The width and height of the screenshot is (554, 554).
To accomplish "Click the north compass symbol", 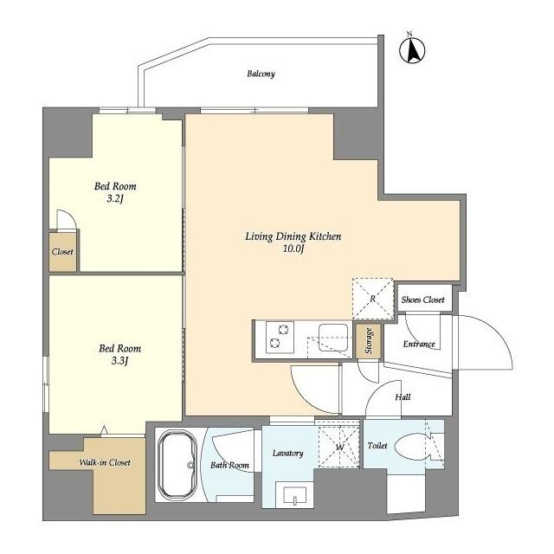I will click(x=413, y=50).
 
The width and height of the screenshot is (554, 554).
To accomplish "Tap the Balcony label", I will click(x=261, y=74).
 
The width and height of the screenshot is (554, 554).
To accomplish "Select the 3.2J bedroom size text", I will click(x=115, y=202).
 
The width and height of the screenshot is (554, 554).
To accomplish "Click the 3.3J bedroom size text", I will click(x=119, y=363).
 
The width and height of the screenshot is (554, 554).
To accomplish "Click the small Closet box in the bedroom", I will click(x=62, y=253).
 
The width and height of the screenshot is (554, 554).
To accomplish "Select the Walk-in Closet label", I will click(x=105, y=462).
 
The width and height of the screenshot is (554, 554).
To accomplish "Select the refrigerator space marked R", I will click(x=371, y=299).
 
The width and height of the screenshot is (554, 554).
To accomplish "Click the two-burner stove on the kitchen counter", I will click(x=279, y=337).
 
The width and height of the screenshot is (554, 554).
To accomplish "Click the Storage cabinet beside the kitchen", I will click(x=369, y=341).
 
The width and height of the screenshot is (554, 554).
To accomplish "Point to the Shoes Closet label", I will click(x=422, y=300).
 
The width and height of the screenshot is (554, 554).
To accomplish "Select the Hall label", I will click(x=403, y=397).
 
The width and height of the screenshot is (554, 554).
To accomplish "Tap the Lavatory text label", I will click(x=287, y=454).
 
